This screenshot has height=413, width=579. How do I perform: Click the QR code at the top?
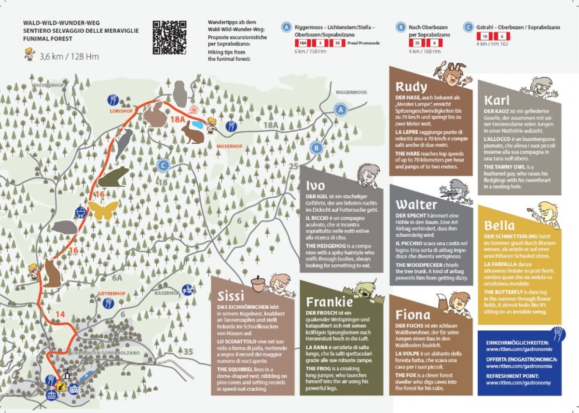[169, 37]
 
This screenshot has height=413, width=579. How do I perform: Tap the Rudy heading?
[411, 87]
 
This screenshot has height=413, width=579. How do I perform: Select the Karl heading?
[496, 101]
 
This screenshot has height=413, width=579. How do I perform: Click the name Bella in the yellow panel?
[499, 225]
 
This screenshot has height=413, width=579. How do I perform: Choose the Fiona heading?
[413, 315]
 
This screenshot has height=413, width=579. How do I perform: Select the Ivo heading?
[316, 186]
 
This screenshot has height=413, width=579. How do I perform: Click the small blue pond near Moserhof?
[197, 124]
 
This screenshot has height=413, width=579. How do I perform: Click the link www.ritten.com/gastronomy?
[519, 383]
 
